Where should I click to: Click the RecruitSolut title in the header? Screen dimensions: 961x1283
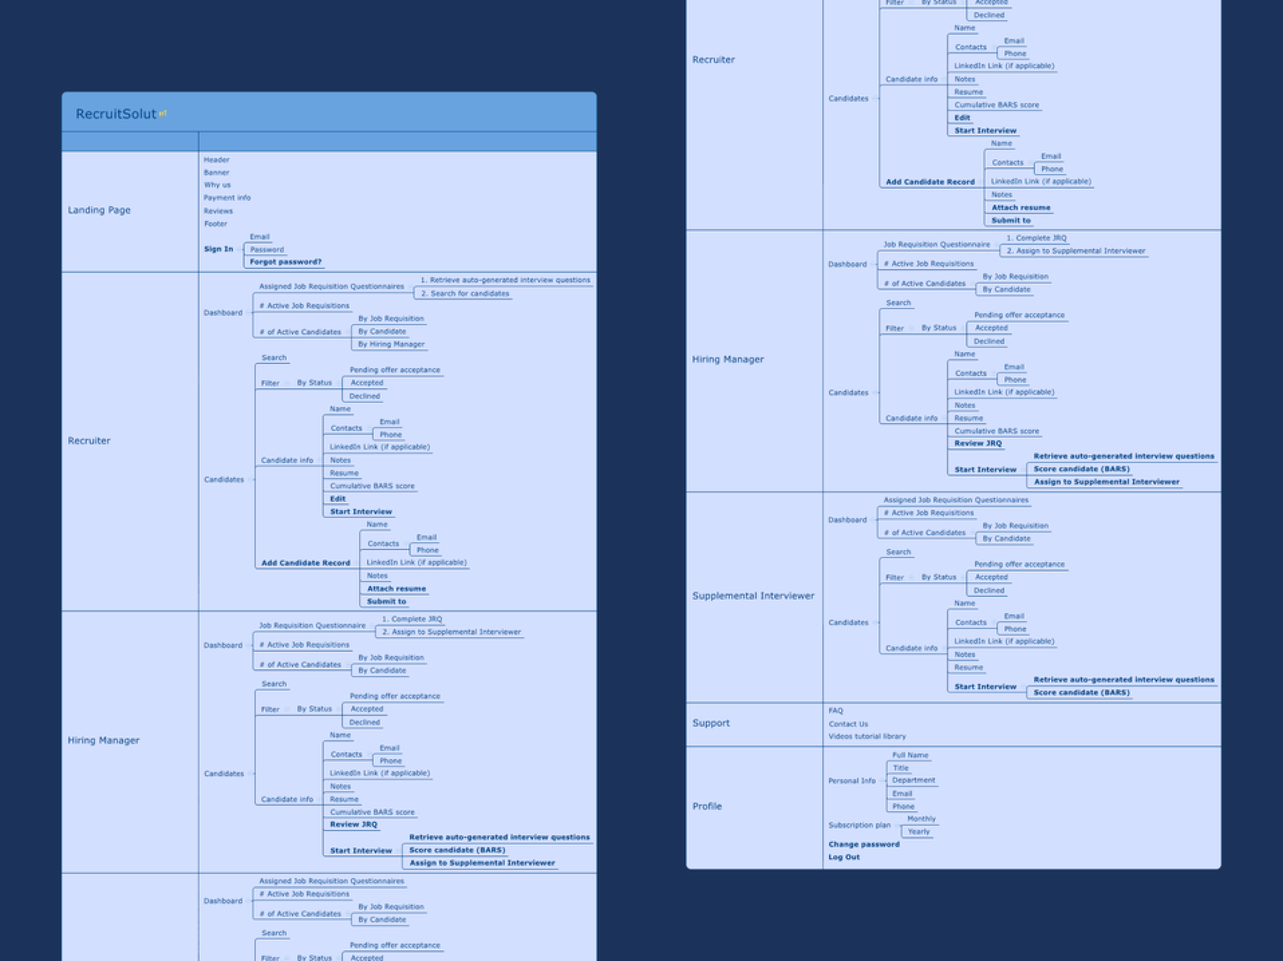point(116,114)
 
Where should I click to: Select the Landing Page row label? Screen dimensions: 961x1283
point(99,210)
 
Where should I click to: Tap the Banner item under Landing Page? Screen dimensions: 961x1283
point(217,172)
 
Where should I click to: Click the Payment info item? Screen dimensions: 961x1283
point(227,198)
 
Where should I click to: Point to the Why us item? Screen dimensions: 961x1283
point(217,185)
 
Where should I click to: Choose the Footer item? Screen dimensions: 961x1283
point(215,224)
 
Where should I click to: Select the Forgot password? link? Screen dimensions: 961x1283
point(285,262)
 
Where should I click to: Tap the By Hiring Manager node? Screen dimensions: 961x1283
point(391,344)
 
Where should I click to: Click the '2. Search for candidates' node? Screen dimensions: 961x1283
point(465,293)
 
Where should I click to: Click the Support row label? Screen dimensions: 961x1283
point(711,723)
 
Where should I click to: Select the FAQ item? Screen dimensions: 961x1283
point(835,711)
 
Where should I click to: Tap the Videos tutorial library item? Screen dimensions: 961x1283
point(866,736)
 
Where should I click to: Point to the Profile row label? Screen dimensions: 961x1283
point(707,806)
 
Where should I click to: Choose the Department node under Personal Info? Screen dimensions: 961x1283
point(913,780)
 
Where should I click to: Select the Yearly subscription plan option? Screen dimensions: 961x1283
point(918,832)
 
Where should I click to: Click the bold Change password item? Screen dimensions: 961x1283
point(864,845)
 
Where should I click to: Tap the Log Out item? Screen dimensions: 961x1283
point(844,857)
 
